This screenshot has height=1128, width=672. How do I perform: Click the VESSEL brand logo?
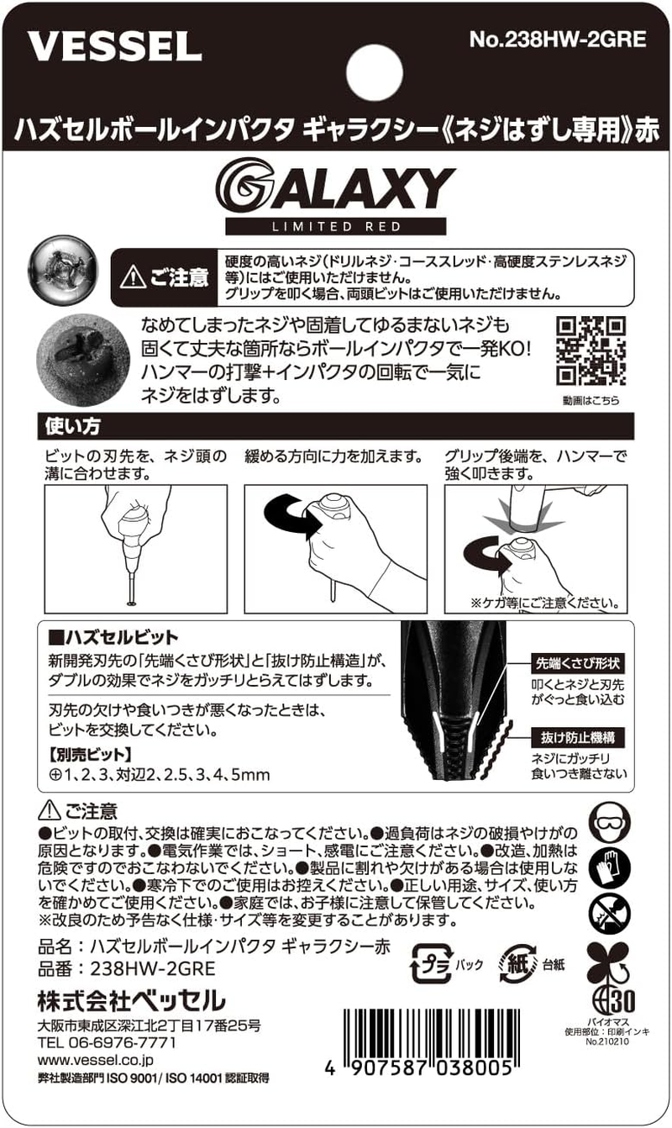115,46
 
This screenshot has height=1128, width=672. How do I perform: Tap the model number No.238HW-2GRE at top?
558,40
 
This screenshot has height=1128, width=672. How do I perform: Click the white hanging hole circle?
375,71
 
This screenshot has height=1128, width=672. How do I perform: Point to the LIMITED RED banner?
336,226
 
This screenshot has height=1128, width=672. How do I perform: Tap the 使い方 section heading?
73,426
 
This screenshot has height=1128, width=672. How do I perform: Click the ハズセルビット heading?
113,637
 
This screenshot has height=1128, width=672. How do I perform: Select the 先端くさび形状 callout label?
577,664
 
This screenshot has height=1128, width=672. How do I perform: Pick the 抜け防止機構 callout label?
578,738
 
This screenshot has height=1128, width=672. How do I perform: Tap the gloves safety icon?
610,868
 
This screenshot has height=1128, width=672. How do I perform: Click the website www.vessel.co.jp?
96,1060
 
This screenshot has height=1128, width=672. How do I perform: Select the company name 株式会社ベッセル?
131,1000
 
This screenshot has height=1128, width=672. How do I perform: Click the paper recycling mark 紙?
518,964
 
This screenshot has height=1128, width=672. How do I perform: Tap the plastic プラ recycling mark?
432,964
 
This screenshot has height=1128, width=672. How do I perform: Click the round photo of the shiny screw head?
63,268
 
